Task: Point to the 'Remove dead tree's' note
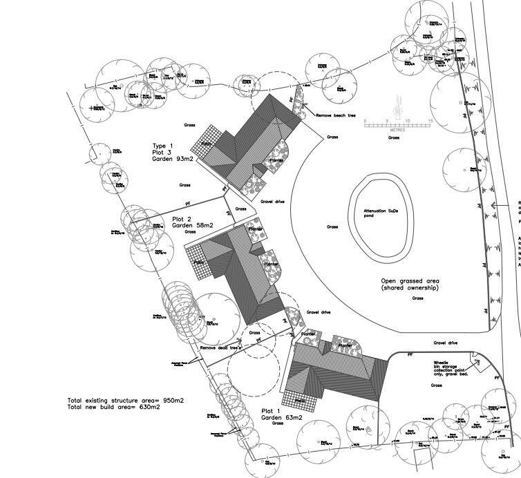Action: click(x=220, y=348)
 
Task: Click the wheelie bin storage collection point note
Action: click(x=451, y=367)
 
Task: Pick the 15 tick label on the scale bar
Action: click(x=430, y=122)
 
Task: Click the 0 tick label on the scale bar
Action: click(x=366, y=122)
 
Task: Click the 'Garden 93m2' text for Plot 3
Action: click(x=173, y=159)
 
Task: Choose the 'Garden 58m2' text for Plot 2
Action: click(x=193, y=225)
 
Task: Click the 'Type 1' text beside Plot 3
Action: click(x=163, y=146)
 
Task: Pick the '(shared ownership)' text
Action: click(x=410, y=288)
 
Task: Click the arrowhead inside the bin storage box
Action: click(x=475, y=357)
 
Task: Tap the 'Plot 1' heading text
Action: click(x=272, y=411)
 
